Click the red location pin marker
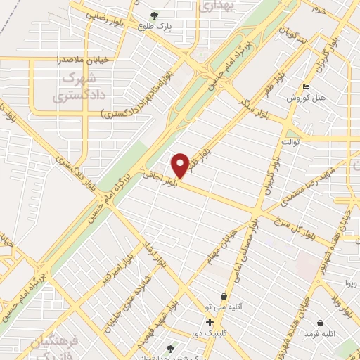point(180,165)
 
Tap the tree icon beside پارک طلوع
point(154,15)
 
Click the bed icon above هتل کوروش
point(306,87)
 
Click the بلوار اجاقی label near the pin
point(158,179)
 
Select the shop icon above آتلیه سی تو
point(223,297)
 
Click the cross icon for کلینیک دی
point(209,322)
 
